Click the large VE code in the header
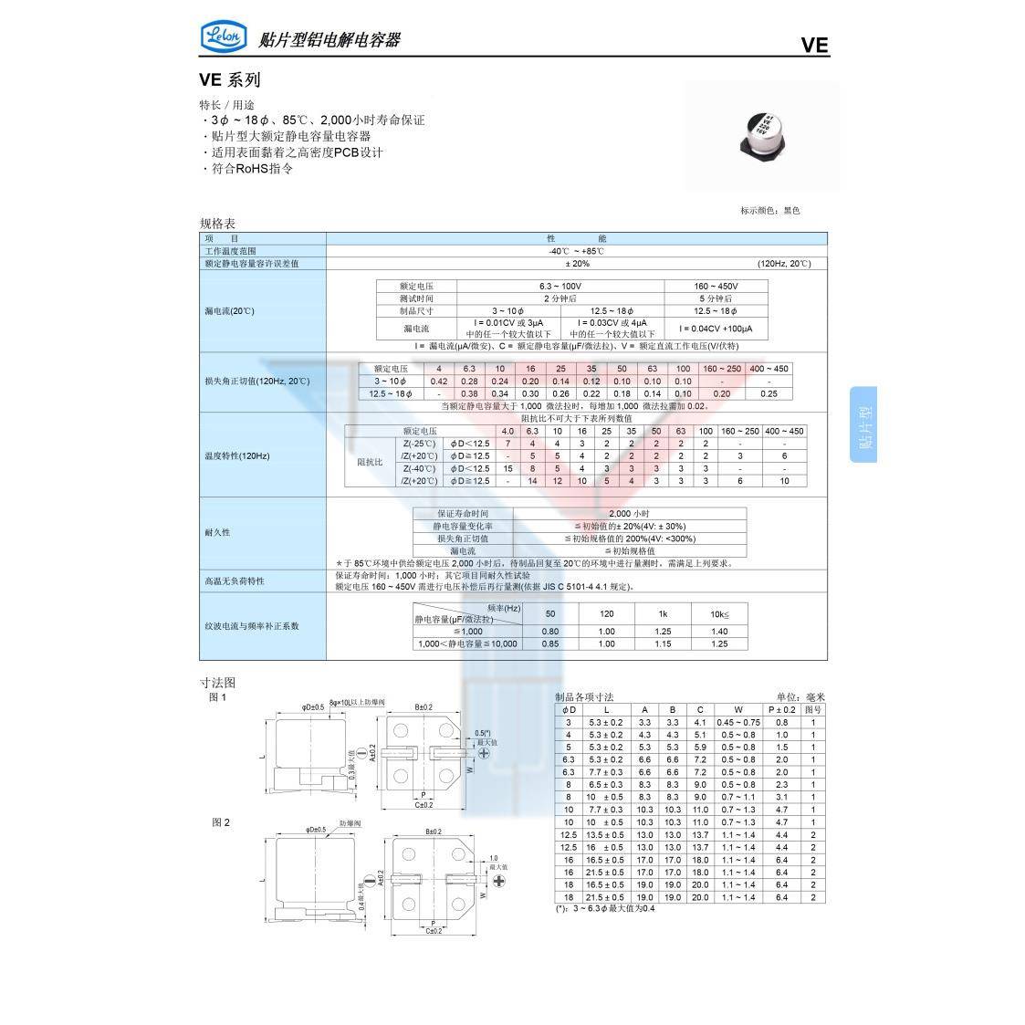pos(814,46)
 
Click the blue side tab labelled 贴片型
pos(863,424)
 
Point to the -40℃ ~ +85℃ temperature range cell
pos(576,251)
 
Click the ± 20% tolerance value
pos(577,264)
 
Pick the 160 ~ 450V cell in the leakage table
pos(716,286)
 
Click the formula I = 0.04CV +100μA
pos(716,329)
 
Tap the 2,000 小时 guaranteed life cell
pos(629,514)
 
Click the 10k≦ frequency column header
pos(719,614)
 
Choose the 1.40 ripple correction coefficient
pos(719,632)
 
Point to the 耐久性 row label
pos(217,532)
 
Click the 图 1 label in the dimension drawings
pos(217,697)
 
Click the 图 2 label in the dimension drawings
pos(221,822)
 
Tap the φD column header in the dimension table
pos(569,709)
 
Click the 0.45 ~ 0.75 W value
pos(738,722)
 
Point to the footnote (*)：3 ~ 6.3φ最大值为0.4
pos(605,909)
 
